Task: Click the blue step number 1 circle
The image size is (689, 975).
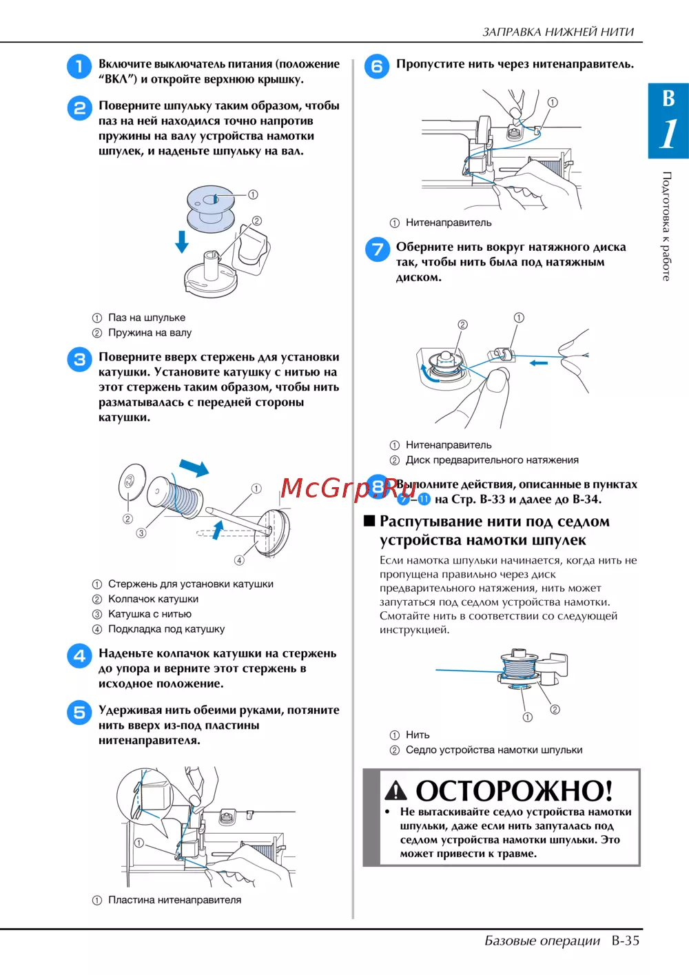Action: (79, 67)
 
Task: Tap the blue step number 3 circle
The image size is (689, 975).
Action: (79, 360)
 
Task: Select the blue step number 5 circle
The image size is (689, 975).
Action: (79, 712)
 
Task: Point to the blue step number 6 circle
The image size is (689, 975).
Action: (377, 67)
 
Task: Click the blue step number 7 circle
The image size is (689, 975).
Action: (378, 249)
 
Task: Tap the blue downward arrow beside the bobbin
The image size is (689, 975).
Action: (182, 242)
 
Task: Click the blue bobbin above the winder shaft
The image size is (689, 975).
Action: (211, 208)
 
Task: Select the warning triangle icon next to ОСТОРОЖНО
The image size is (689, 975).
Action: (395, 790)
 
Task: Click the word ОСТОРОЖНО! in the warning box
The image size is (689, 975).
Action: (514, 790)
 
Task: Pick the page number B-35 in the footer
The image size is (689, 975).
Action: (626, 941)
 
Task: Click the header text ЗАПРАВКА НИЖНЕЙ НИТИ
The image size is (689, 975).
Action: (558, 32)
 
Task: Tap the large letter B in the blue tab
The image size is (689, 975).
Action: (668, 99)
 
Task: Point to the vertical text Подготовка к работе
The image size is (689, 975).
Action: (666, 226)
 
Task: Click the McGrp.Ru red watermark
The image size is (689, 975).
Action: (348, 488)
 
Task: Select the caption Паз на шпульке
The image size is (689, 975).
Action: (147, 318)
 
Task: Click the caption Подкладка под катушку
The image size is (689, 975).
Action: (166, 629)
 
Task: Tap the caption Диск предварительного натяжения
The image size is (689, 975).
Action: (492, 460)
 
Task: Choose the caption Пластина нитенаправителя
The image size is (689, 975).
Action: (174, 900)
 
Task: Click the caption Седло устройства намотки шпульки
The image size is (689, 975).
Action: (494, 750)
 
